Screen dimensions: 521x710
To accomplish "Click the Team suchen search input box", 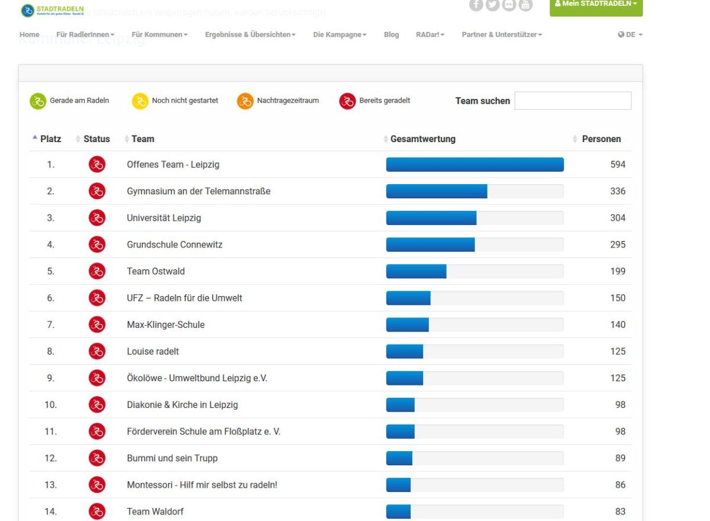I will pos(573,101).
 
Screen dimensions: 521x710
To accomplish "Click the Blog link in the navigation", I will pos(391,34).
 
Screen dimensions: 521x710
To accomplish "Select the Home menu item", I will pos(30,34).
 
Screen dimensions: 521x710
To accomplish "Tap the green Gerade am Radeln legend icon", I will pos(38,101).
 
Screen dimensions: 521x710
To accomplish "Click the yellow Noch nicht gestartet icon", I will pos(140,101).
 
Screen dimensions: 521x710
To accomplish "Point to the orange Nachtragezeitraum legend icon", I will pos(245,101).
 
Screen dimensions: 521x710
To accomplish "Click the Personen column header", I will pos(601,139).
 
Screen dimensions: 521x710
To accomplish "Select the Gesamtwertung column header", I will pos(422,139).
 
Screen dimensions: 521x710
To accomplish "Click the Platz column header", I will pos(50,139).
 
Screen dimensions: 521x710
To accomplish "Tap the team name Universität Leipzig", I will pos(164,218).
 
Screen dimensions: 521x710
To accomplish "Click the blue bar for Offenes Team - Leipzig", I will pos(475,165).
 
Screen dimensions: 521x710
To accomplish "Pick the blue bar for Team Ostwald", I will pos(416,271).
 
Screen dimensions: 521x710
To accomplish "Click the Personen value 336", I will pos(618,191).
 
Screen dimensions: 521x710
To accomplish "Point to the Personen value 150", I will pos(618,298).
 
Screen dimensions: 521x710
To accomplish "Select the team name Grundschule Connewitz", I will pos(175,245).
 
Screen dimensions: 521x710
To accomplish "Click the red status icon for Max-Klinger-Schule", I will pos(97,324).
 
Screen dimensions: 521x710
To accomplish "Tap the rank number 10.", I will pos(51,405).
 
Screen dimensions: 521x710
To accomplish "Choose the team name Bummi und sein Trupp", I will pos(172,458).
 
